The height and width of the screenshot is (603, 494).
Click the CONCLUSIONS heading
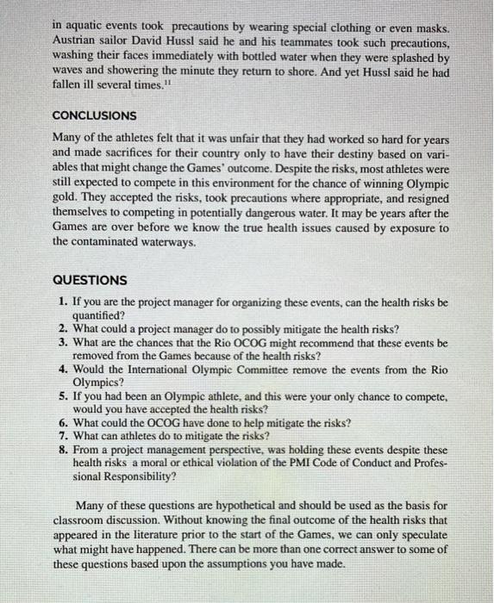pyautogui.click(x=95, y=115)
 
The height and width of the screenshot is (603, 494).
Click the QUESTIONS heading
pyautogui.click(x=90, y=280)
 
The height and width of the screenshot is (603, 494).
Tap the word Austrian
pyautogui.click(x=75, y=41)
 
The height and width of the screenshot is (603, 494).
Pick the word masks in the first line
pyautogui.click(x=430, y=28)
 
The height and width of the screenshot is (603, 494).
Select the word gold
pyautogui.click(x=66, y=199)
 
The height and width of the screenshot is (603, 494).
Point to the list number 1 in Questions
pyautogui.click(x=64, y=303)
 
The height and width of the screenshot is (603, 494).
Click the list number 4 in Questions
pyautogui.click(x=64, y=369)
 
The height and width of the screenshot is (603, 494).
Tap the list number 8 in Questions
pyautogui.click(x=64, y=449)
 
